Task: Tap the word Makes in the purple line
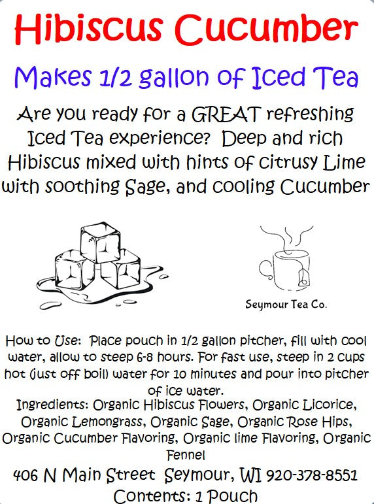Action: click(x=48, y=78)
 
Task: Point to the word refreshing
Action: click(x=305, y=116)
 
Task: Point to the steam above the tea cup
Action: click(x=286, y=237)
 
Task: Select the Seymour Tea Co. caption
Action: click(x=286, y=304)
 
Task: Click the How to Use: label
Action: click(x=42, y=342)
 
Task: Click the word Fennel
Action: click(x=186, y=452)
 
